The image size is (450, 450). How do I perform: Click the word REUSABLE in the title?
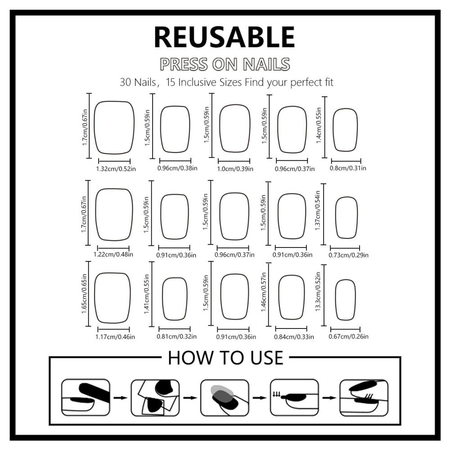[x=225, y=37]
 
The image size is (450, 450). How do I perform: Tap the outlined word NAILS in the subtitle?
[x=266, y=64]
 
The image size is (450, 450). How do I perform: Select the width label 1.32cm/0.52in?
[x=116, y=169]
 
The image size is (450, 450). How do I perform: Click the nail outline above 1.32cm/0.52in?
[x=94, y=127]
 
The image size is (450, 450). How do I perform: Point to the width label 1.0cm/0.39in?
[x=235, y=169]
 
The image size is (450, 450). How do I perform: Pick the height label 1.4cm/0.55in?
[x=319, y=126]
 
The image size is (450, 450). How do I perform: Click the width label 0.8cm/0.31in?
[x=348, y=168]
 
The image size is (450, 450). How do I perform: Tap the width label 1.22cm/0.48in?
[x=113, y=254]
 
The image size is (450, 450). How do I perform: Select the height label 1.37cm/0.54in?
[x=317, y=210]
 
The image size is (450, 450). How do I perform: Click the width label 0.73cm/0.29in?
[x=348, y=255]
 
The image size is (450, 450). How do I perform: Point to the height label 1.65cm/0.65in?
[x=84, y=293]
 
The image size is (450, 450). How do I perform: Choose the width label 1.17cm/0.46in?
[x=115, y=337]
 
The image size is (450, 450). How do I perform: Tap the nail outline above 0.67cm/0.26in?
[x=336, y=300]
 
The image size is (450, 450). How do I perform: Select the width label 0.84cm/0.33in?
[x=294, y=337]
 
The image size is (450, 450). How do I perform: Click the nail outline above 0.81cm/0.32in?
[x=163, y=299]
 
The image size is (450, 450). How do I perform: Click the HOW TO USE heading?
[x=225, y=358]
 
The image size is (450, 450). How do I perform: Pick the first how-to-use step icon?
[x=85, y=397]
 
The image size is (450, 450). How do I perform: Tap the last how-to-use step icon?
[x=364, y=397]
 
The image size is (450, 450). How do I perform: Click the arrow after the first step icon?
[x=121, y=398]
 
